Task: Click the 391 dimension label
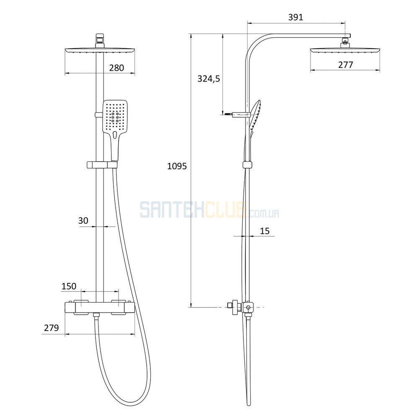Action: tap(295, 17)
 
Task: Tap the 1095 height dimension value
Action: tap(177, 166)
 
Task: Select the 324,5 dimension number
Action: tap(208, 79)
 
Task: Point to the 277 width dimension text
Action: tap(345, 65)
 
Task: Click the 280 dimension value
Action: tap(116, 68)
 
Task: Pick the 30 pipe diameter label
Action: tap(83, 221)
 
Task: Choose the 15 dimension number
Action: tap(264, 231)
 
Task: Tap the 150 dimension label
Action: tap(69, 286)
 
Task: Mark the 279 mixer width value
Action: tap(51, 328)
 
